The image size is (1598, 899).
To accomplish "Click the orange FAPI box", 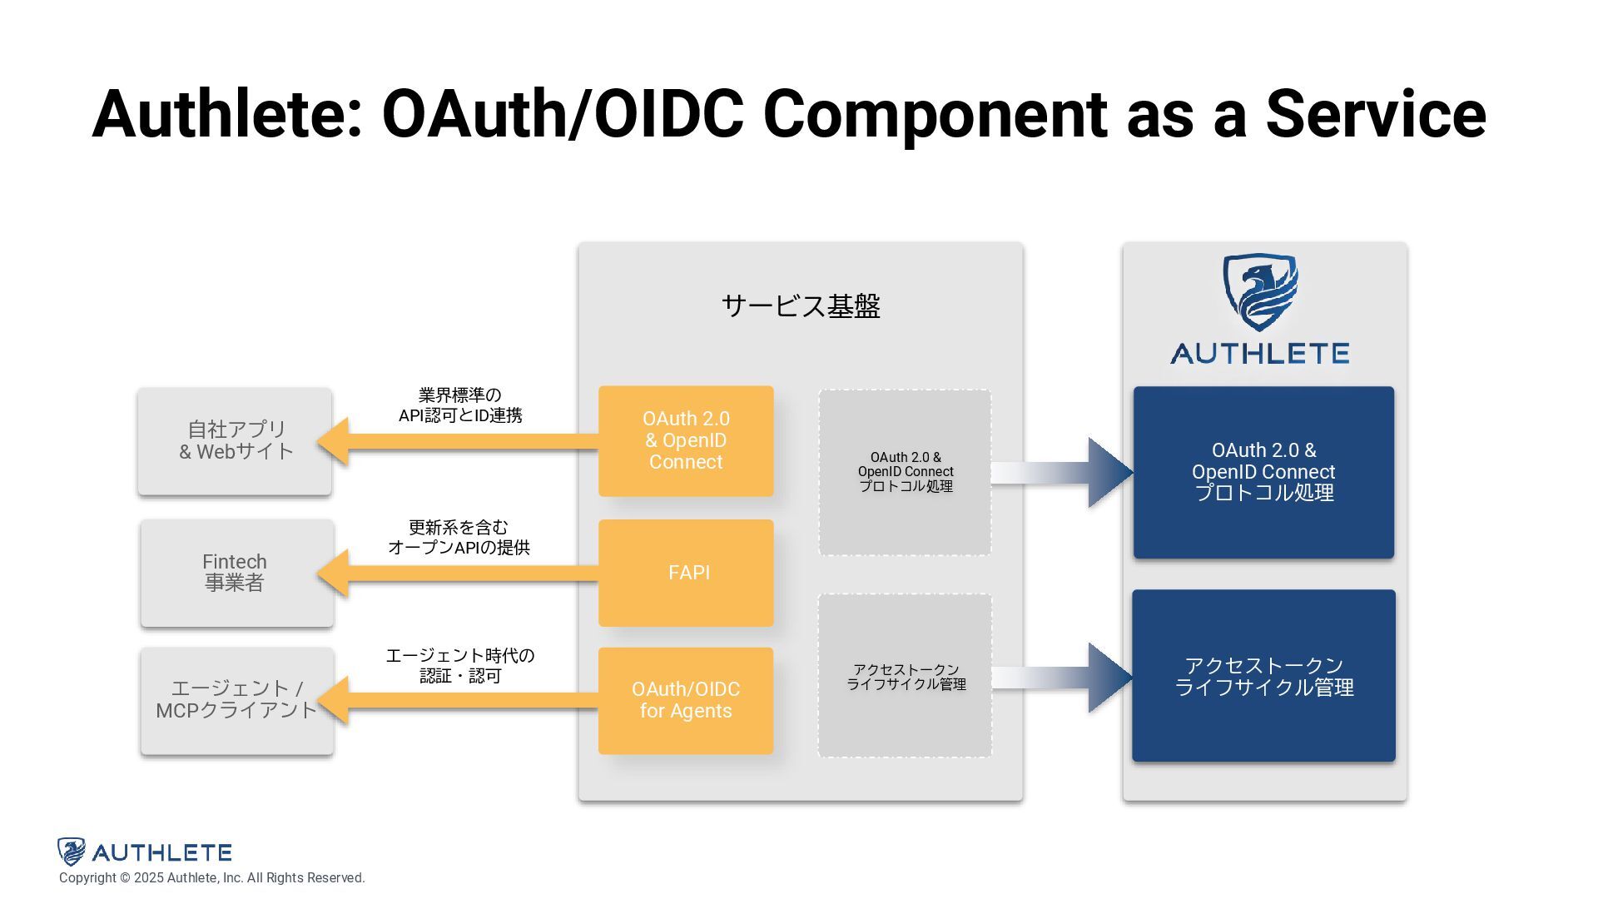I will (x=686, y=573).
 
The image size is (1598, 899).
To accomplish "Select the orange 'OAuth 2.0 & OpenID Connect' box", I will (x=686, y=440).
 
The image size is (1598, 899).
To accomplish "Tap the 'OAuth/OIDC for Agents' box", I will (x=686, y=700).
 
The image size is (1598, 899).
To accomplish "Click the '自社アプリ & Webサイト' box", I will (x=236, y=441).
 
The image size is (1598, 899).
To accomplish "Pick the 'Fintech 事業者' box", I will (x=236, y=573).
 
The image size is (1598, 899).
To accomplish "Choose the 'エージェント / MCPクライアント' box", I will (x=236, y=700).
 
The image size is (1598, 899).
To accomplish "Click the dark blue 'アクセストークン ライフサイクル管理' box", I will (x=1263, y=676).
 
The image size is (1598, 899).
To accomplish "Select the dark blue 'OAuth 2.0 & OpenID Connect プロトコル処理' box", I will (x=1263, y=472).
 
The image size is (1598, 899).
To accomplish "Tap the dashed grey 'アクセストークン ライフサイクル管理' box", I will (x=905, y=676).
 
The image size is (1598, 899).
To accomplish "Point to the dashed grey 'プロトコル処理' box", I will (x=905, y=472).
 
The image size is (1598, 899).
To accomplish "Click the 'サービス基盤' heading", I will (x=801, y=306).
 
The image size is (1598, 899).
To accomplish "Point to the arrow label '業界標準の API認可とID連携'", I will (x=460, y=405).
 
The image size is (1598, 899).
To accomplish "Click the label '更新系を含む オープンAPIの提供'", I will (x=459, y=538).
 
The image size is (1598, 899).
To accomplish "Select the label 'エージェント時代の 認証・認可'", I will (x=460, y=666).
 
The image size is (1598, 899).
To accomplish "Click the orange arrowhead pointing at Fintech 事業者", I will (x=334, y=573).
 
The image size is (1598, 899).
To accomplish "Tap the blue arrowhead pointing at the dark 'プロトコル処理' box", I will (x=1109, y=472).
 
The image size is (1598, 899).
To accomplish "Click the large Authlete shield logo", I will (x=1260, y=292).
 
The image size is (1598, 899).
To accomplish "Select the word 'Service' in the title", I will (x=1376, y=114).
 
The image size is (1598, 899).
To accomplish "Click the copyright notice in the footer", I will (x=211, y=878).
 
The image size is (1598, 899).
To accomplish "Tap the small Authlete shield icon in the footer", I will (x=72, y=852).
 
